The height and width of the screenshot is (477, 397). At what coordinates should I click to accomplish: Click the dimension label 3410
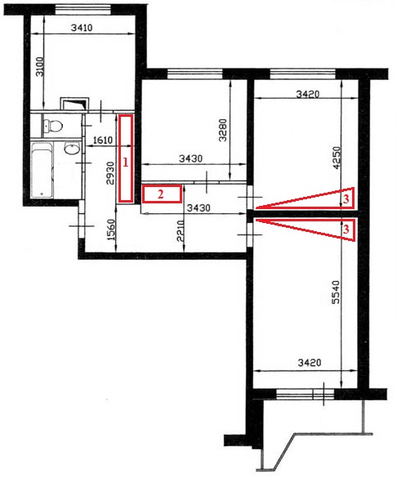pyautogui.click(x=82, y=28)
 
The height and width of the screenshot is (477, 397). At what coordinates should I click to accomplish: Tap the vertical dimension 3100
pyautogui.click(x=40, y=66)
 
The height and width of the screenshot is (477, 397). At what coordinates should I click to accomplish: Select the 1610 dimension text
pyautogui.click(x=103, y=140)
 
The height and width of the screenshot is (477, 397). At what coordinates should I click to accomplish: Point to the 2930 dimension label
pyautogui.click(x=110, y=173)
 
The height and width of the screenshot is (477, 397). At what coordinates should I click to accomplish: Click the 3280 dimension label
pyautogui.click(x=223, y=130)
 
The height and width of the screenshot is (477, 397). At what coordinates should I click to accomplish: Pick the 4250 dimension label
pyautogui.click(x=337, y=158)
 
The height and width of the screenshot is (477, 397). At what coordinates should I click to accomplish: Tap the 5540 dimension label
pyautogui.click(x=336, y=292)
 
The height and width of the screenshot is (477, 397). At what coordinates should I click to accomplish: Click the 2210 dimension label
pyautogui.click(x=181, y=231)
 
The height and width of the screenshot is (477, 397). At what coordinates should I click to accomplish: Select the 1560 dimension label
pyautogui.click(x=112, y=230)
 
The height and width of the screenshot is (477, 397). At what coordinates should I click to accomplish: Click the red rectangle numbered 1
pyautogui.click(x=125, y=158)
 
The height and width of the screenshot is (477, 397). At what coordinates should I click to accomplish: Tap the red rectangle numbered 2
pyautogui.click(x=162, y=194)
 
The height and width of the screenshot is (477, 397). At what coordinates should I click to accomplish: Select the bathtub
pyautogui.click(x=42, y=170)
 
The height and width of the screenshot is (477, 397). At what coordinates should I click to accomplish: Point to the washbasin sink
pyautogui.click(x=72, y=149)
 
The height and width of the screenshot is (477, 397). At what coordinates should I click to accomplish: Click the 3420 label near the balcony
pyautogui.click(x=310, y=363)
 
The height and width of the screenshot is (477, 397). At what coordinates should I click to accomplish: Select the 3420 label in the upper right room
pyautogui.click(x=308, y=94)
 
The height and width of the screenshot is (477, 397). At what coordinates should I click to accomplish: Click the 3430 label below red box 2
pyautogui.click(x=198, y=208)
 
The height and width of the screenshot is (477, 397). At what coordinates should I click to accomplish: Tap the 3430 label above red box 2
pyautogui.click(x=190, y=158)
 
